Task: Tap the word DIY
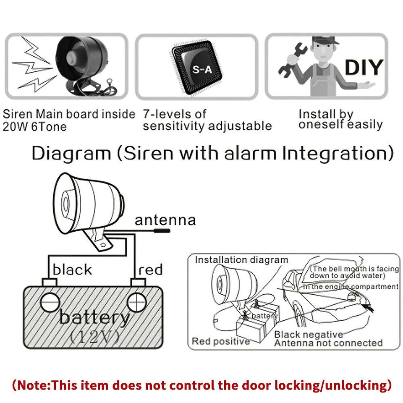[x=364, y=67]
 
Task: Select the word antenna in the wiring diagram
[x=165, y=220]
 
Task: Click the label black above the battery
[x=72, y=270]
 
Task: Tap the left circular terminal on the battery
[x=50, y=301]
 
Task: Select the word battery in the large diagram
[x=94, y=317]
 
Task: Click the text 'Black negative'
[x=309, y=335]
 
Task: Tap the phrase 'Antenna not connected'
[x=328, y=343]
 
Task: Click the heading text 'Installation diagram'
[x=241, y=260]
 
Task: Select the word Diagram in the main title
[x=71, y=154]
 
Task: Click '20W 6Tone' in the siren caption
[x=34, y=126]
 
